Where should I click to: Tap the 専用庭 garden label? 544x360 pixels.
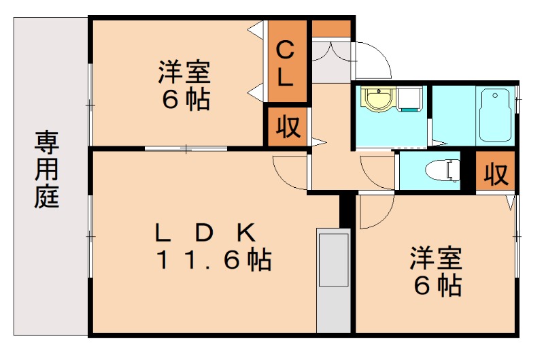tap(47, 170)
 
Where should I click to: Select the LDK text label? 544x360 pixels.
tap(205, 233)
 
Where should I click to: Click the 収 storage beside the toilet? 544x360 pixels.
tap(495, 174)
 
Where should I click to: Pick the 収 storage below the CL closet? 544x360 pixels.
tap(287, 127)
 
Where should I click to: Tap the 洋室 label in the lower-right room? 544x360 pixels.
tap(436, 259)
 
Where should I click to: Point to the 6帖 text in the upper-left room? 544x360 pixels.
tap(185, 101)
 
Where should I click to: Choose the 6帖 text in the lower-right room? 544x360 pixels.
tap(438, 287)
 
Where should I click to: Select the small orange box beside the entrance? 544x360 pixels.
tap(331, 29)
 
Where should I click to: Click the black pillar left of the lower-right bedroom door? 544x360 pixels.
tap(345, 212)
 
